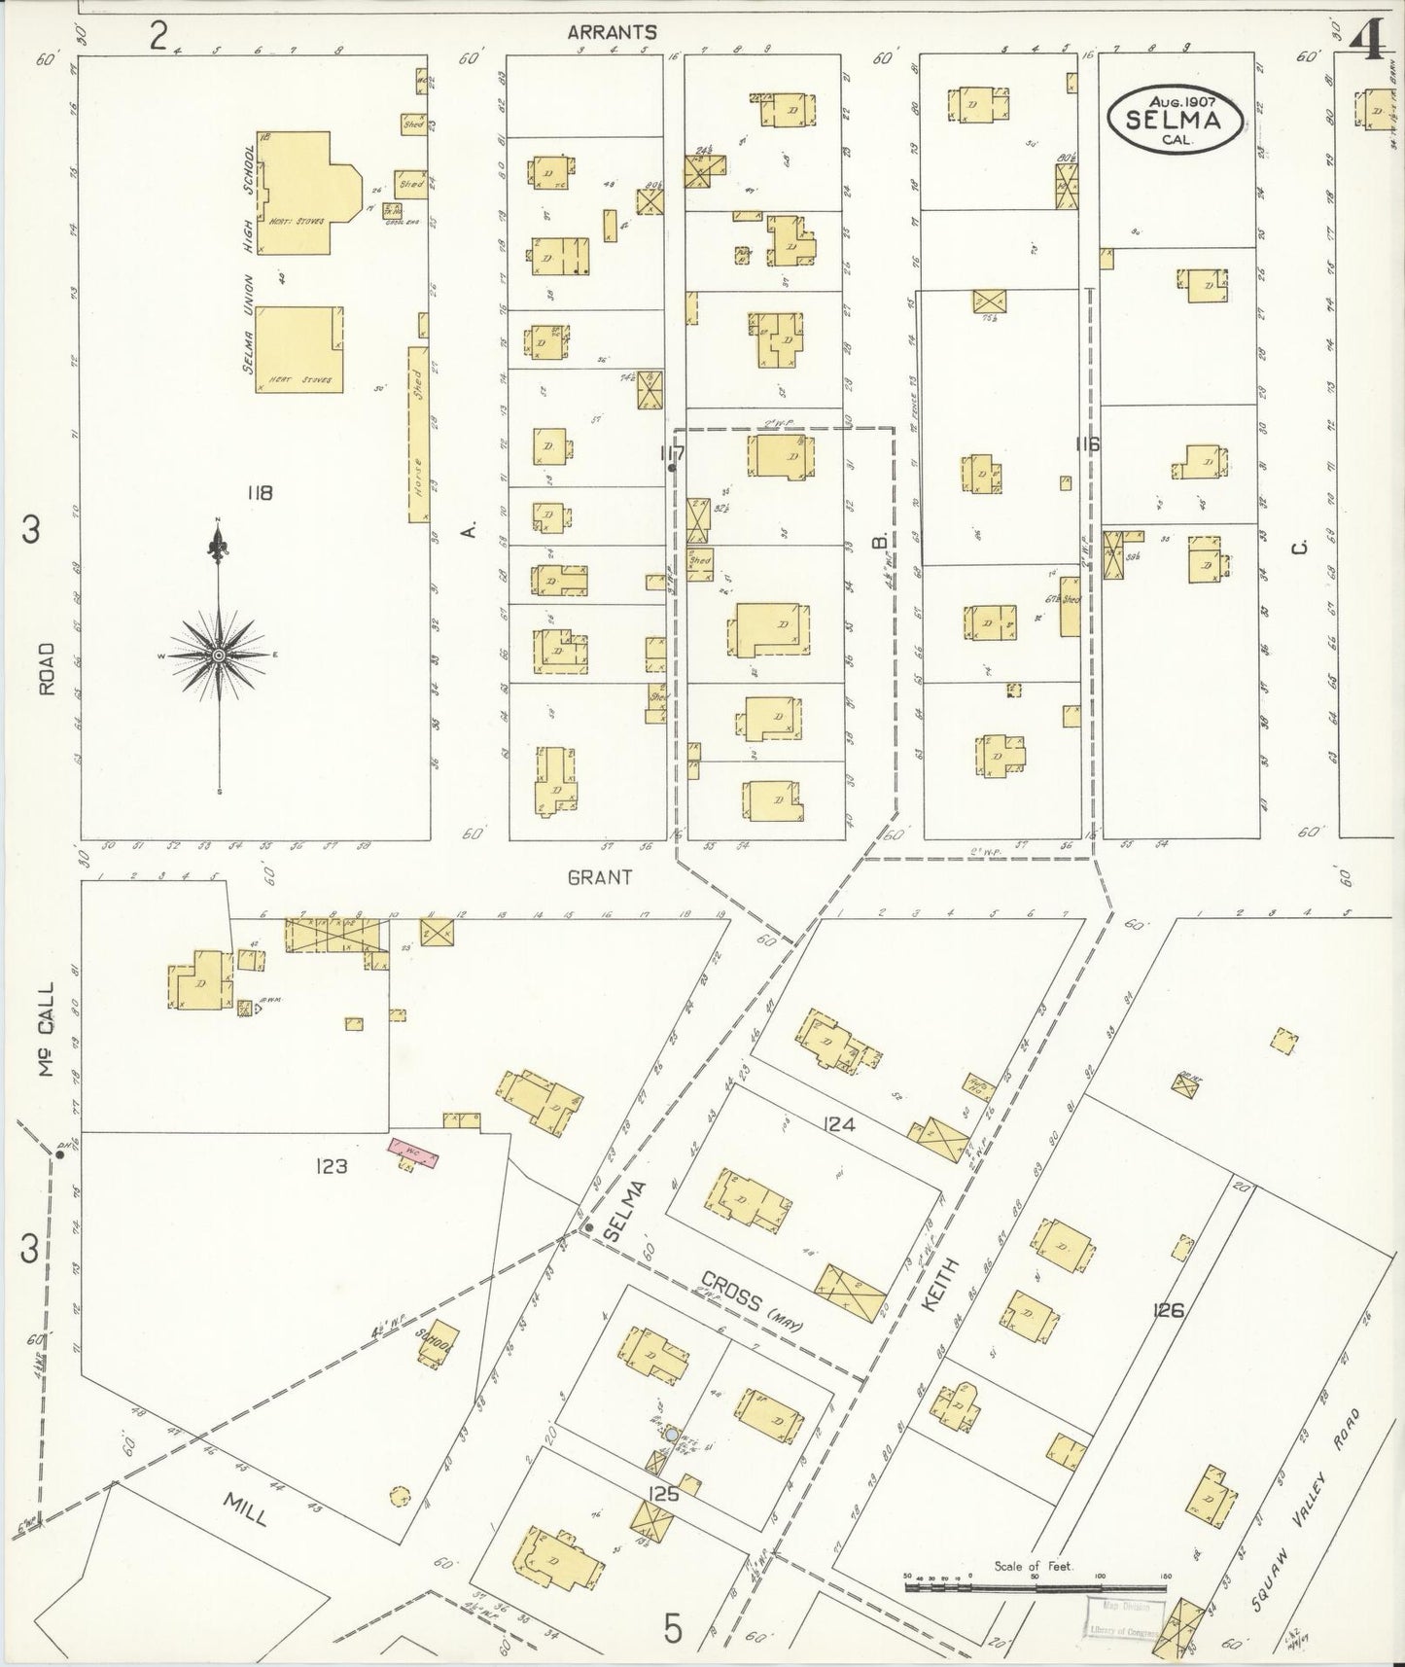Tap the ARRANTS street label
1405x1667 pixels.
(612, 32)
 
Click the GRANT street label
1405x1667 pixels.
(600, 876)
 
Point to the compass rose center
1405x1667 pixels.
(220, 656)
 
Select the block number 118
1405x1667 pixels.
(259, 493)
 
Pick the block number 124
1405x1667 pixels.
(838, 1125)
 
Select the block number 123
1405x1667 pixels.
(332, 1166)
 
